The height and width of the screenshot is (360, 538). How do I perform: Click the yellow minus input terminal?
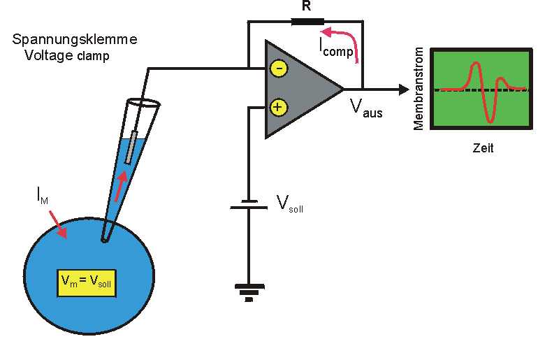pyautogui.click(x=278, y=69)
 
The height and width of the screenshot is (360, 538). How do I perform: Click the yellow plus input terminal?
pyautogui.click(x=278, y=107)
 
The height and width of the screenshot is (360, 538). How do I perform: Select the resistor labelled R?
pyautogui.click(x=305, y=21)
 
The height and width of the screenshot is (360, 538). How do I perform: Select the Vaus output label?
pyautogui.click(x=366, y=108)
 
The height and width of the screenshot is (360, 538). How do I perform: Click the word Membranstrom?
pyautogui.click(x=419, y=89)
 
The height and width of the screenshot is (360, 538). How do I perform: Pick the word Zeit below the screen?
pyautogui.click(x=482, y=149)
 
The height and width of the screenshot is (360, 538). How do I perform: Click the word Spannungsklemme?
pyautogui.click(x=75, y=40)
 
